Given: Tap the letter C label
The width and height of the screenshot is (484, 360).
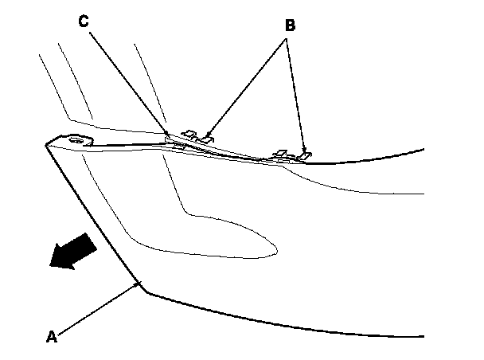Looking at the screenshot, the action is [x=84, y=22].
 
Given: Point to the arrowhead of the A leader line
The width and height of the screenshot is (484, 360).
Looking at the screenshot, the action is [x=141, y=282].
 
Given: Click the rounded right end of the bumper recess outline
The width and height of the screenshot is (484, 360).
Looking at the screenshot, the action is [x=276, y=248].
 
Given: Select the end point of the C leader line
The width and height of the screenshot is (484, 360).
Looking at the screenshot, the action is [x=166, y=133].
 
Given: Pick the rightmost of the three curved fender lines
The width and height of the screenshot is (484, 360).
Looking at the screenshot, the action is [x=151, y=80].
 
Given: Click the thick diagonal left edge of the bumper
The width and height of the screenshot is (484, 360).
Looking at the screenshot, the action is [x=92, y=215].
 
